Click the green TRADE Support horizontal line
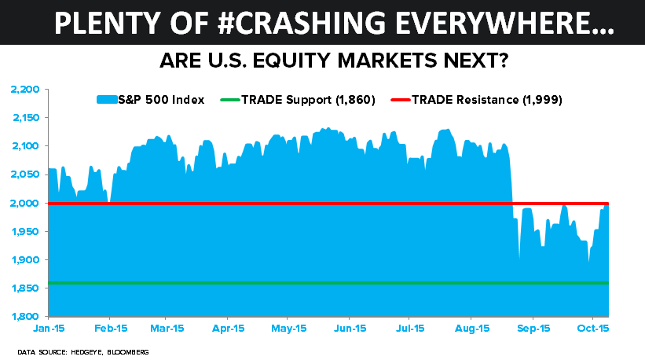(x=314, y=282)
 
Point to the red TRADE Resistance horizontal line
(x=314, y=204)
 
